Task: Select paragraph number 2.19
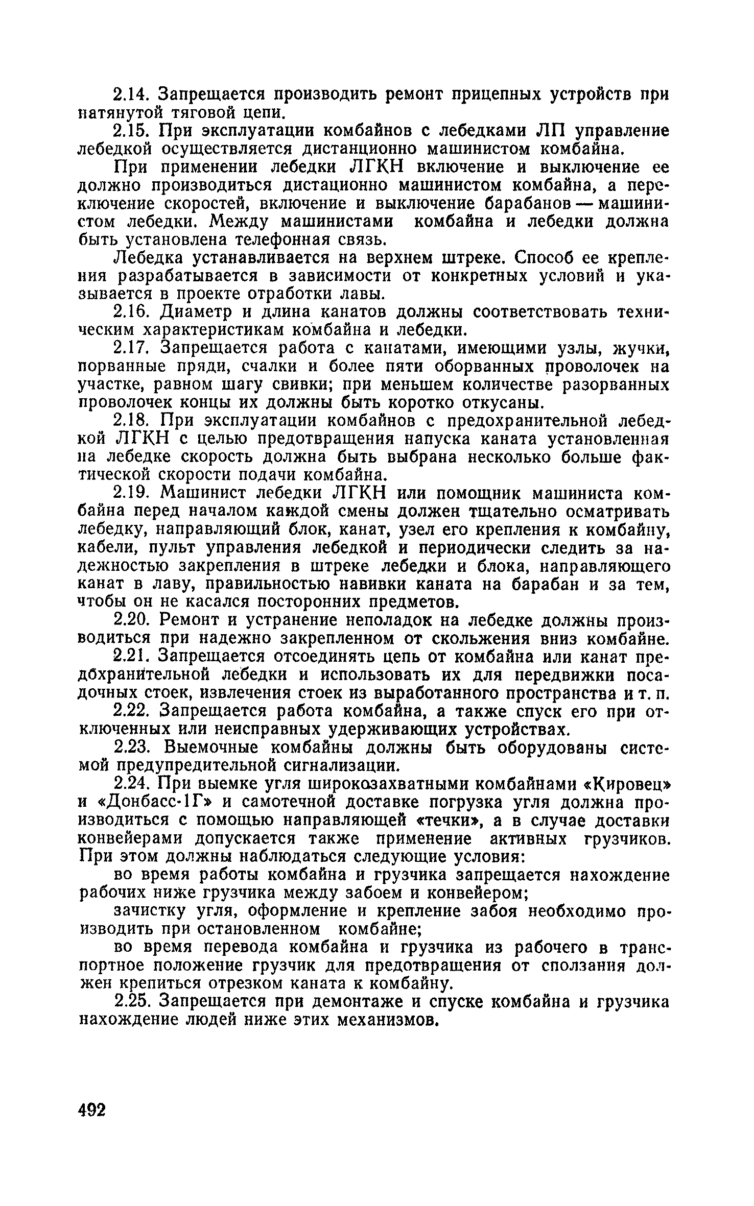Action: pyautogui.click(x=131, y=493)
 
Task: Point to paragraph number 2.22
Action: pyautogui.click(x=131, y=711)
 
